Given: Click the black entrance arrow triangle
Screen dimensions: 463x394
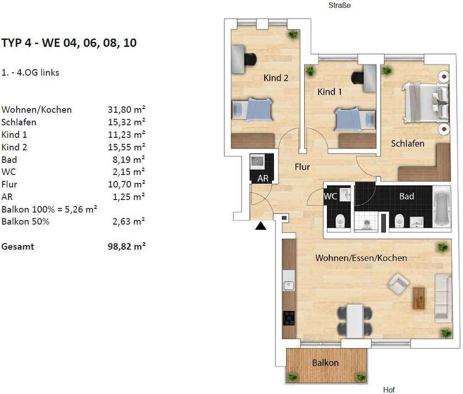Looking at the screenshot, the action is pos(261,226).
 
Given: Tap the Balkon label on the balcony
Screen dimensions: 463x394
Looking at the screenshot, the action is pos(325,363).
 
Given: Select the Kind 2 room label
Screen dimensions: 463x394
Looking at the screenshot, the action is pos(276,78).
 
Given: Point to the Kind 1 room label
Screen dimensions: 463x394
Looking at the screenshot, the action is pos(330,92).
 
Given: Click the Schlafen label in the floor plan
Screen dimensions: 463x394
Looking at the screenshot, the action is pos(407,144).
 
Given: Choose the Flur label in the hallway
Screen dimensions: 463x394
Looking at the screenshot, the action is pos(302,167).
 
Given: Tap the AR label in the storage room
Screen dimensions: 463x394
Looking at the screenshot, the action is pos(263,178).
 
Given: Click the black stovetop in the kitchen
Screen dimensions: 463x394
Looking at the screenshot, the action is pos(289,318).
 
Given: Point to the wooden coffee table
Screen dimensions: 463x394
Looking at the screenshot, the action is pos(418,298).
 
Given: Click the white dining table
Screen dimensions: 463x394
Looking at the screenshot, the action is pos(355,321).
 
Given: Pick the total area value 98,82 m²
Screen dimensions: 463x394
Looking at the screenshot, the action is pos(126,246).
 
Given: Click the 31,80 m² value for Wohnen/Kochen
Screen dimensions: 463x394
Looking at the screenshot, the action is pos(126,110).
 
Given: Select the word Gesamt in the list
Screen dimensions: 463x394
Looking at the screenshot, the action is pos(18,246).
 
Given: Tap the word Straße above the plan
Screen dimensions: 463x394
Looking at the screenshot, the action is pos(339,5).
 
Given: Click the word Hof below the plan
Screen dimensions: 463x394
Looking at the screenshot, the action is pos(389,390).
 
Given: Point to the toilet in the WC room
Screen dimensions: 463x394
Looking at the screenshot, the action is pos(340,221).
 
